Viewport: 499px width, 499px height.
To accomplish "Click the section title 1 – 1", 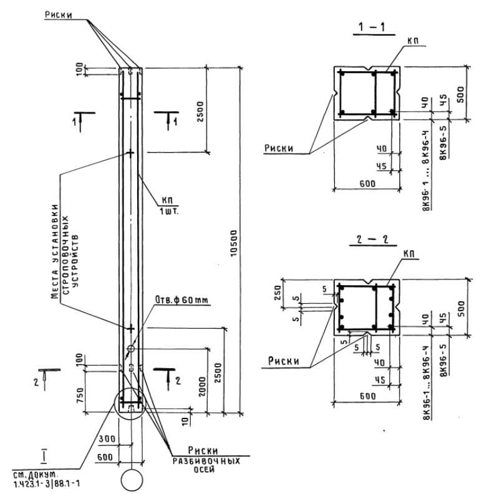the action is click(x=372, y=27).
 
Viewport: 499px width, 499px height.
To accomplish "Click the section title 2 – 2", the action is click(x=372, y=239).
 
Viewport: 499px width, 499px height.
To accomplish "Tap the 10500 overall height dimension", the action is click(x=233, y=243).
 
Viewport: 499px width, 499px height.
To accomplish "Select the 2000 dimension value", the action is click(x=202, y=386).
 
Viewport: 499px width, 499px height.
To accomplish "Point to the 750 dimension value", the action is click(x=80, y=395).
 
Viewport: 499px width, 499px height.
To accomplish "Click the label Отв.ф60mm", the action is click(x=182, y=299).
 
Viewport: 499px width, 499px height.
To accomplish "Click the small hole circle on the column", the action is click(x=131, y=349).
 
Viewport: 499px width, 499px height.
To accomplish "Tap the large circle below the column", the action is click(x=132, y=480).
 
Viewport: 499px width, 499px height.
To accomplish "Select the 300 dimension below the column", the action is click(x=107, y=439).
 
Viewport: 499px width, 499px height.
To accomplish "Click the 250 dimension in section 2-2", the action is click(x=277, y=293).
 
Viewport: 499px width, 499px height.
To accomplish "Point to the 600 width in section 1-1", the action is click(x=367, y=183).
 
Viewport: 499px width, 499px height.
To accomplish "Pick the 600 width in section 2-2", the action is click(x=367, y=396).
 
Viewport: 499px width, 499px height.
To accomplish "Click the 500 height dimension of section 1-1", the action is click(x=460, y=94).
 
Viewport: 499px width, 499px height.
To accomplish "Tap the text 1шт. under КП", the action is click(x=169, y=211).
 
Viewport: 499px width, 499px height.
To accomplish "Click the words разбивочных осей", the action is click(x=206, y=465).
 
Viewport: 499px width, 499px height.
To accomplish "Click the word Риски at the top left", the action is click(x=58, y=14).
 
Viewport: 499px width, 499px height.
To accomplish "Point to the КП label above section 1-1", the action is click(x=413, y=41).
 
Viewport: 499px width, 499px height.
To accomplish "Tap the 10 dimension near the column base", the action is click(x=185, y=421).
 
